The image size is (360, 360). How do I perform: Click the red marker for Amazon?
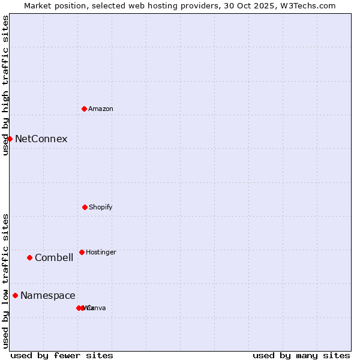coord(84,109)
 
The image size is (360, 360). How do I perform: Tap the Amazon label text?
coord(101,109)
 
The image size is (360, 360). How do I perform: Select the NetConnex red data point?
coord(10,139)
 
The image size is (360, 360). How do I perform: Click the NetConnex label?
coord(41,139)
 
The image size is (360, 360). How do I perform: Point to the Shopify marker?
coord(85,207)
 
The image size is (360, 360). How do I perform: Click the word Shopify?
coord(101,207)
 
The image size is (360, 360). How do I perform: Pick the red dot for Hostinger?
coord(82,252)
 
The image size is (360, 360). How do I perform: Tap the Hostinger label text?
coord(101,252)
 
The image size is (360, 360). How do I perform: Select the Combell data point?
coord(29,257)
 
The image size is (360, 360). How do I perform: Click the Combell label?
coord(54,258)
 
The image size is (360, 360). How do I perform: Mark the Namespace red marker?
coord(15,295)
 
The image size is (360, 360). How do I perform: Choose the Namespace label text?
coord(48,296)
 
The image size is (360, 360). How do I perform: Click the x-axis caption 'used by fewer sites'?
coord(62,355)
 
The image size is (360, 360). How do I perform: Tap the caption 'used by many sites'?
coord(301,355)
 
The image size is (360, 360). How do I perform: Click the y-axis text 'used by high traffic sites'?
coord(5,85)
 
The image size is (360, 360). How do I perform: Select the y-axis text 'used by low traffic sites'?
coord(5,280)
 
